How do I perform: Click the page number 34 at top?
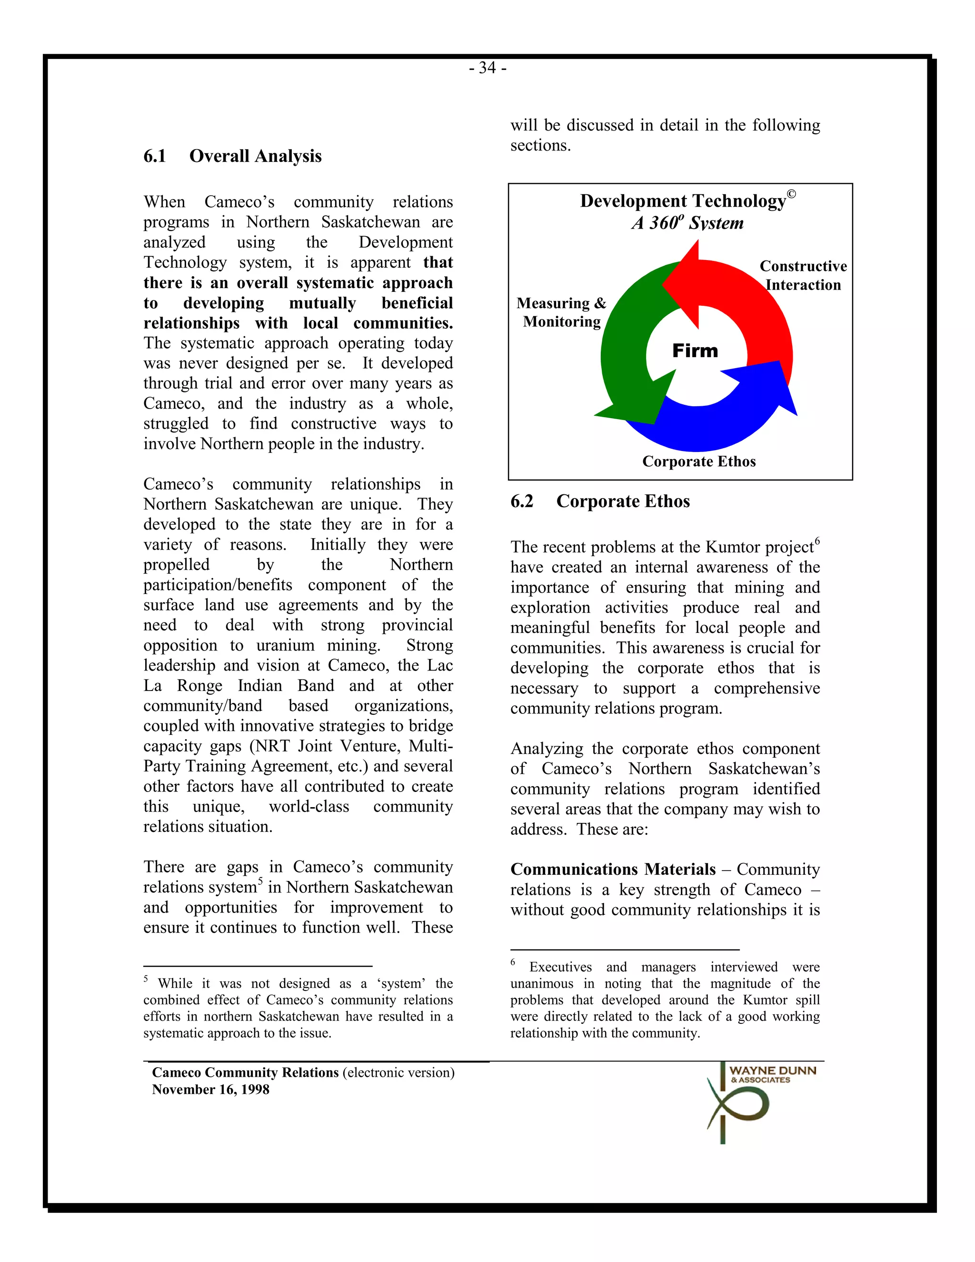tap(487, 68)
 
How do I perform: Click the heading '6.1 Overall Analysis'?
tap(232, 156)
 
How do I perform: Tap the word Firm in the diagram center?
tap(695, 351)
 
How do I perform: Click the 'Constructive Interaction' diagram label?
tap(803, 275)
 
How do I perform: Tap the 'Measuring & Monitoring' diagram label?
tap(561, 312)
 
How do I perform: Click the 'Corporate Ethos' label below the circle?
tap(699, 461)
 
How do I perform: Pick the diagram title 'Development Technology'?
tap(683, 201)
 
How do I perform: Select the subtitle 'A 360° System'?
tap(687, 223)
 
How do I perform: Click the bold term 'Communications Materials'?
tap(612, 869)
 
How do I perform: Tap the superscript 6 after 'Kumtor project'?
tap(817, 541)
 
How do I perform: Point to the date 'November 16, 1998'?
tap(210, 1089)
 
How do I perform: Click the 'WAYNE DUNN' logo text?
tap(772, 1071)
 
